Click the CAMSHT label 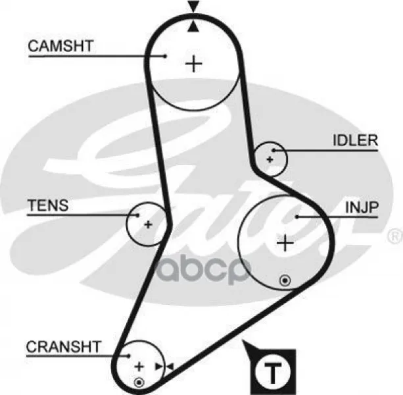60,46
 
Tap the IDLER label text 356,140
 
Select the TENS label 48,205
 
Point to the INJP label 362,207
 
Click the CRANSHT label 64,347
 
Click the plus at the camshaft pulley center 193,63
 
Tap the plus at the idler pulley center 270,159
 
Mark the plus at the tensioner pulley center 148,224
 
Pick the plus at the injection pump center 285,243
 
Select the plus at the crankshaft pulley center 139,367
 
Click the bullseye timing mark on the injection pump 285,280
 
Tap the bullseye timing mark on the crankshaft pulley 139,382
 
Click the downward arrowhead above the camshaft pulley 193,7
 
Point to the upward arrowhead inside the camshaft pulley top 193,26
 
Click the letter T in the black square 273,373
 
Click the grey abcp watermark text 203,270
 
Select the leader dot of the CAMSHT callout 166,56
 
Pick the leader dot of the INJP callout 297,217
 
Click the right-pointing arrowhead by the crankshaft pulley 159,367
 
